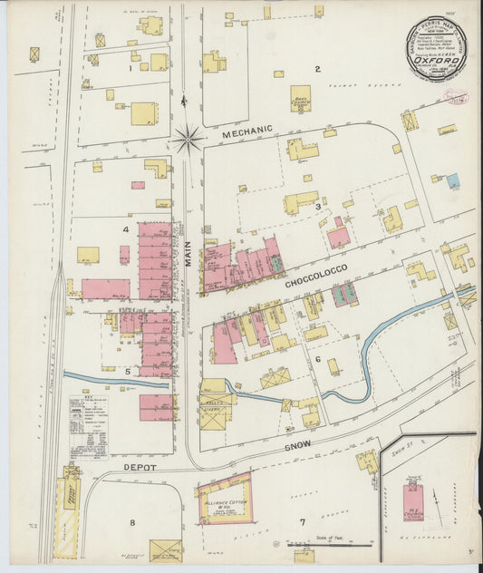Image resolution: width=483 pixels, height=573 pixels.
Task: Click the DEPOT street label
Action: [140, 468]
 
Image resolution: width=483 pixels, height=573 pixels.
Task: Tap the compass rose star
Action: [189, 138]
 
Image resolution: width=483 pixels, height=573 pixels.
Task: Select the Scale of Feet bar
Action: [318, 546]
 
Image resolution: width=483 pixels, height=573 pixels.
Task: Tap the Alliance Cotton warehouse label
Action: [224, 502]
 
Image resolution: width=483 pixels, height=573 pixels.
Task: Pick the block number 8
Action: [131, 523]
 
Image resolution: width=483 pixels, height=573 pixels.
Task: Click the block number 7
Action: [303, 522]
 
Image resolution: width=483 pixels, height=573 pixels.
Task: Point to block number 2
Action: [317, 69]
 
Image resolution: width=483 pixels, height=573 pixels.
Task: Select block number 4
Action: [125, 229]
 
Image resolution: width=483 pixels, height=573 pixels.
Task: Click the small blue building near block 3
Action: [452, 180]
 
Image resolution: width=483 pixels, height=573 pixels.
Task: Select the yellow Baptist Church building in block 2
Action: [300, 99]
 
